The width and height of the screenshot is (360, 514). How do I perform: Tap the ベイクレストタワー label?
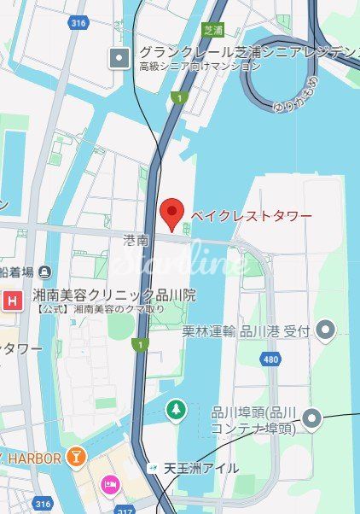pos(250,214)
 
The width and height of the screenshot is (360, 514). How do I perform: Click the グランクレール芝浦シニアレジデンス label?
pos(247,52)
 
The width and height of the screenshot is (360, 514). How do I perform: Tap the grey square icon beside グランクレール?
pos(118,58)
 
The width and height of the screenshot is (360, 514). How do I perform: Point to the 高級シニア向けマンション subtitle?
pos(200,66)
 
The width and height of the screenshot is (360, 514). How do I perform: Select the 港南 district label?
pos(136,242)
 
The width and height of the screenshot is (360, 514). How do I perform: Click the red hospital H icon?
pos(13,300)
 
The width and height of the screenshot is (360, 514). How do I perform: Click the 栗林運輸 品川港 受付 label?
pos(245,330)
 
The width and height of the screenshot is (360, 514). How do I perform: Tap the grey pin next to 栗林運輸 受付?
pos(326,330)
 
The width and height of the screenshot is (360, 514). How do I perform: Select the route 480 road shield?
pos(271,359)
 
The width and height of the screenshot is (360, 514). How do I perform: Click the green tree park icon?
pos(176,410)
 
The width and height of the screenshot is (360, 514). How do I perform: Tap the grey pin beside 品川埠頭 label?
pos(313,419)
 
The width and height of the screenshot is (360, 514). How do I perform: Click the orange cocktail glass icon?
pos(77,459)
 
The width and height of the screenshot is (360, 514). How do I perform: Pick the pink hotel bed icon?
pos(111,485)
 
